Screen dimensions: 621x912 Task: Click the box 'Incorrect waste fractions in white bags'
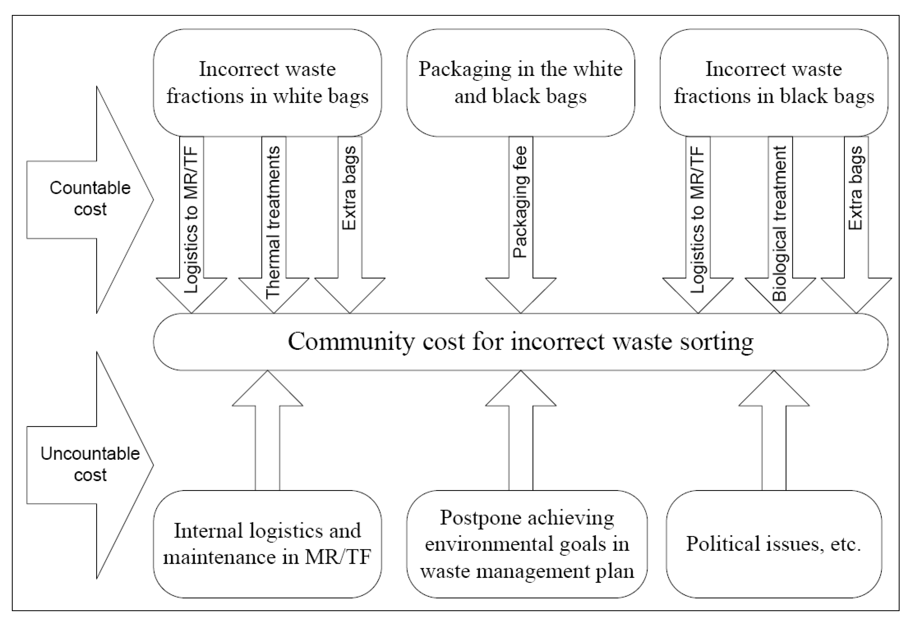tap(267, 82)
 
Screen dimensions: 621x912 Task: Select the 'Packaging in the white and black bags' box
tap(520, 82)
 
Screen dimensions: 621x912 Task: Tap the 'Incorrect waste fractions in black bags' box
tap(773, 82)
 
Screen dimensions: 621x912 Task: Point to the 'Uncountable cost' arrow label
tap(90, 464)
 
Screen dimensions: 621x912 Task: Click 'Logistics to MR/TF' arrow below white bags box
tap(192, 220)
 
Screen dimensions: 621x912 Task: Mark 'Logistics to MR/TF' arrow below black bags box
tap(698, 220)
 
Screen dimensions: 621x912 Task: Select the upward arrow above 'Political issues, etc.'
tap(774, 431)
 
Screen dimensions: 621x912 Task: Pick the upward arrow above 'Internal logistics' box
tap(267, 431)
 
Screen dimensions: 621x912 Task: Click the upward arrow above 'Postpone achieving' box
tap(521, 431)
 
